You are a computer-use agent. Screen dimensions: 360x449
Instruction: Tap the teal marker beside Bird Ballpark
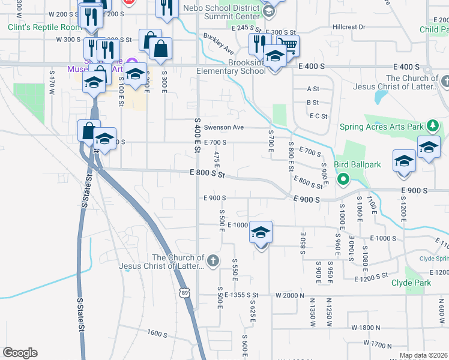coord(343,178)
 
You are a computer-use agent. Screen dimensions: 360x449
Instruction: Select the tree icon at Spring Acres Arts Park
coord(432,126)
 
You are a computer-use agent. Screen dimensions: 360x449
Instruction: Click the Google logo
coord(20,352)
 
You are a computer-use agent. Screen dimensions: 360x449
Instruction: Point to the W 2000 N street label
coord(291,295)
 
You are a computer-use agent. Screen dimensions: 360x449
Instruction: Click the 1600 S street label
coord(157,333)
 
